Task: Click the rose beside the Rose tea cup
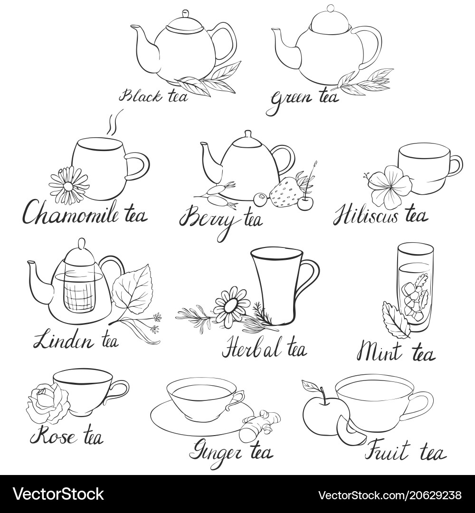coord(48,401)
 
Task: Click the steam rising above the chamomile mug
coord(113,121)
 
